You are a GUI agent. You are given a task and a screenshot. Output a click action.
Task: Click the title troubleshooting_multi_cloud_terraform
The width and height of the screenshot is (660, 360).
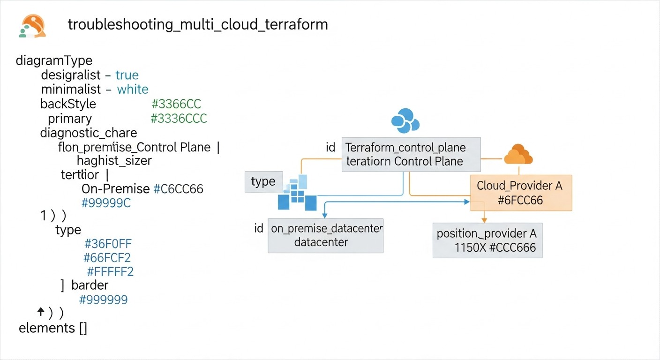click(198, 24)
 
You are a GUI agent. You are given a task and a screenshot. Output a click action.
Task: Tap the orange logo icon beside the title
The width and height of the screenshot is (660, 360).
click(33, 25)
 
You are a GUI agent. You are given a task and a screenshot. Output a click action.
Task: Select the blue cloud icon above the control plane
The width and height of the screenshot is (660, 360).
click(405, 120)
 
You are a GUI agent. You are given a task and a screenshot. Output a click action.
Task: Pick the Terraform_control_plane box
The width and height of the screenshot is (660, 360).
click(411, 154)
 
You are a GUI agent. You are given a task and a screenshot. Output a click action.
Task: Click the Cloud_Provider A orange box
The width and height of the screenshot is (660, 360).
click(521, 193)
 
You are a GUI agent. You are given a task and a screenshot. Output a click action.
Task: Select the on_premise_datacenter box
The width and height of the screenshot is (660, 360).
click(326, 235)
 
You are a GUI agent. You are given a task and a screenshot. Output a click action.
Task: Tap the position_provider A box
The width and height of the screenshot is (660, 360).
click(487, 240)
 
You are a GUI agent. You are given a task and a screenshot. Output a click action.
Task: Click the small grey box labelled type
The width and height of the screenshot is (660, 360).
click(263, 182)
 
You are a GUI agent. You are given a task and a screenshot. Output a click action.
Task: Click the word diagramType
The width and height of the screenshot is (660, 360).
click(54, 60)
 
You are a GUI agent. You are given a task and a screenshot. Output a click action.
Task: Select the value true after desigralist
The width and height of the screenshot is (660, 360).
click(127, 75)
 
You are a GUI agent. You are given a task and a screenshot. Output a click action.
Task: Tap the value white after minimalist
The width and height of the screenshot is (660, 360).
click(133, 90)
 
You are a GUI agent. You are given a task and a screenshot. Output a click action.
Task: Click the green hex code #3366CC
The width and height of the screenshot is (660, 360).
click(176, 104)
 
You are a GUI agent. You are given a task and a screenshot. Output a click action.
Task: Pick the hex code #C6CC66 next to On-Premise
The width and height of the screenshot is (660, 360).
click(179, 189)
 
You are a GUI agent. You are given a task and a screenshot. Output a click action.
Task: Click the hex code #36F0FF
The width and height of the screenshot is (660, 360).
click(108, 244)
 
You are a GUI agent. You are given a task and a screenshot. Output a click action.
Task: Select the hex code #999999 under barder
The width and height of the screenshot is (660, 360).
click(103, 300)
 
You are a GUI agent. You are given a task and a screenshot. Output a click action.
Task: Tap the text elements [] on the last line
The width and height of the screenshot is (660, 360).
click(53, 328)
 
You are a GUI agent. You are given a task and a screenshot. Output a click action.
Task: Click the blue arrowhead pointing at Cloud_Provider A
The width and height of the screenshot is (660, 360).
click(466, 202)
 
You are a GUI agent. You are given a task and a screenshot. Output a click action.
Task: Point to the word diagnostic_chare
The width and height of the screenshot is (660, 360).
click(89, 133)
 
